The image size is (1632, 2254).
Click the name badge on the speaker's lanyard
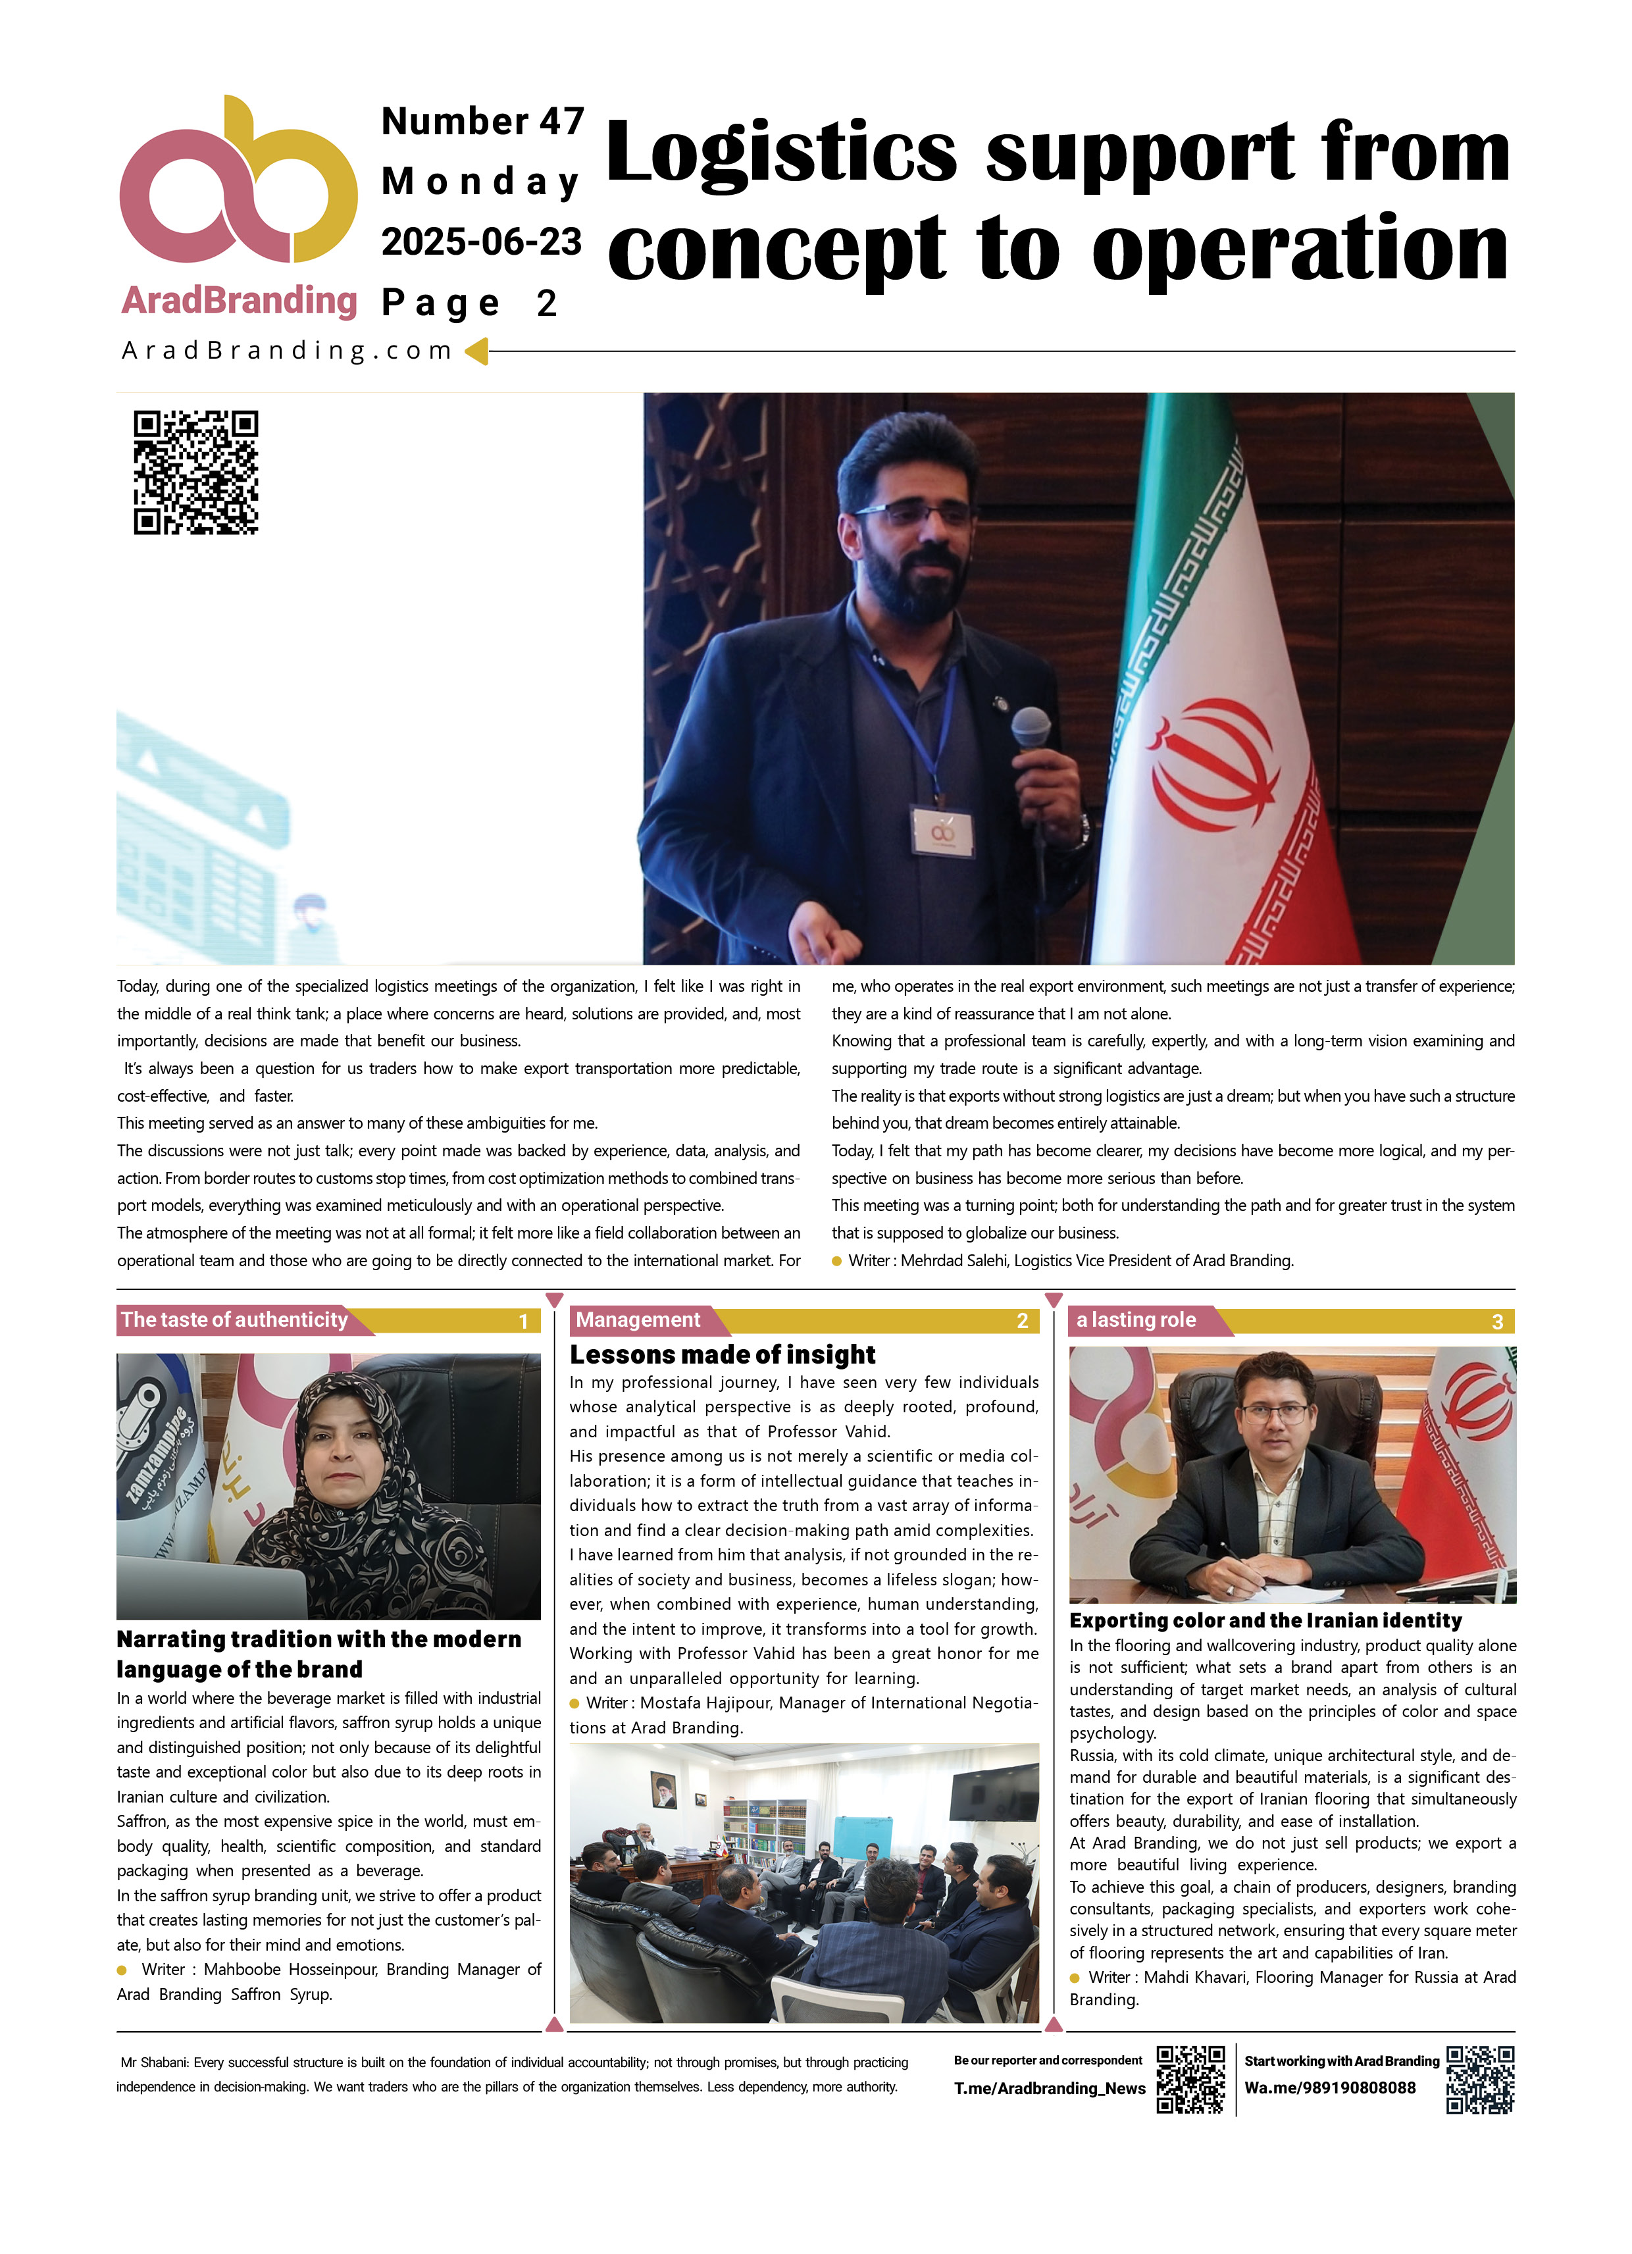941,832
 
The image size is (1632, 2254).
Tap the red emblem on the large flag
1213,765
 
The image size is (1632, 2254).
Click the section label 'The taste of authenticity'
234,1319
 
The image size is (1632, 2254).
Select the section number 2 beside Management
1022,1321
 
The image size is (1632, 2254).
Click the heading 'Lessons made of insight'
723,1354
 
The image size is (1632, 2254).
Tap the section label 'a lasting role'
1136,1319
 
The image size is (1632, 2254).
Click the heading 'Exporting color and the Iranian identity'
1265,1620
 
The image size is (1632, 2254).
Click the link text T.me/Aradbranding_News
1050,2088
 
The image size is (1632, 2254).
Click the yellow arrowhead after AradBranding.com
477,351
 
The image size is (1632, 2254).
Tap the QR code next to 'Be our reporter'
1190,2078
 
